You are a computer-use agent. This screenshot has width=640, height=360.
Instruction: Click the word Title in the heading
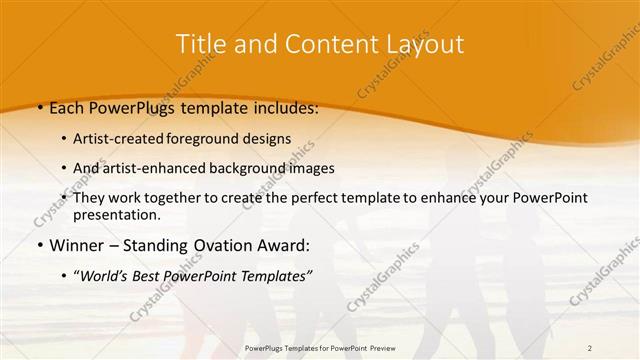tap(198, 44)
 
